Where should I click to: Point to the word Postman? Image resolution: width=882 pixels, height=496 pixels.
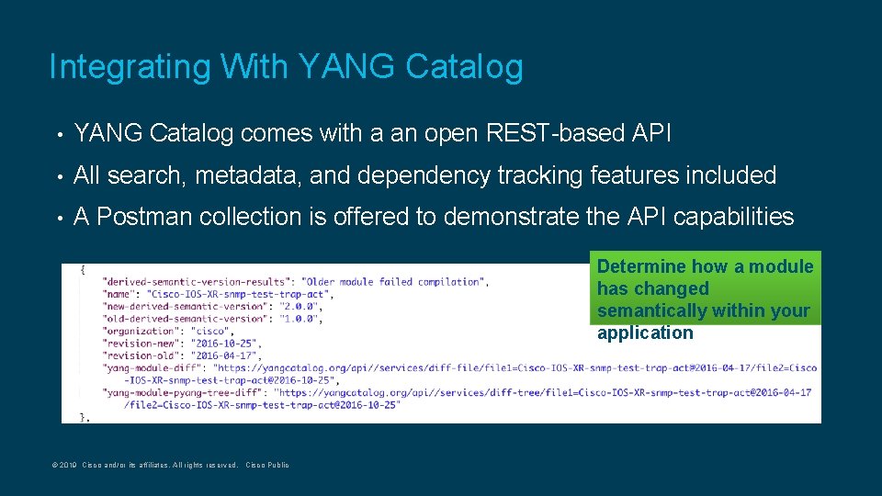point(144,217)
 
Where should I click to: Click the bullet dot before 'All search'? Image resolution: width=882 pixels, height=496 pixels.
point(59,175)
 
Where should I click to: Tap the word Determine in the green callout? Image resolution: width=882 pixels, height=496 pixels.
point(642,266)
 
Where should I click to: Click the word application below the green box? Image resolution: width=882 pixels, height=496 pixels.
point(645,333)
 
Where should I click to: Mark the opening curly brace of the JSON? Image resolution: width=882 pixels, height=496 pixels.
point(84,269)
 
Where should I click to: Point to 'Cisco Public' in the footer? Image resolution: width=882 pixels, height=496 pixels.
point(266,466)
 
